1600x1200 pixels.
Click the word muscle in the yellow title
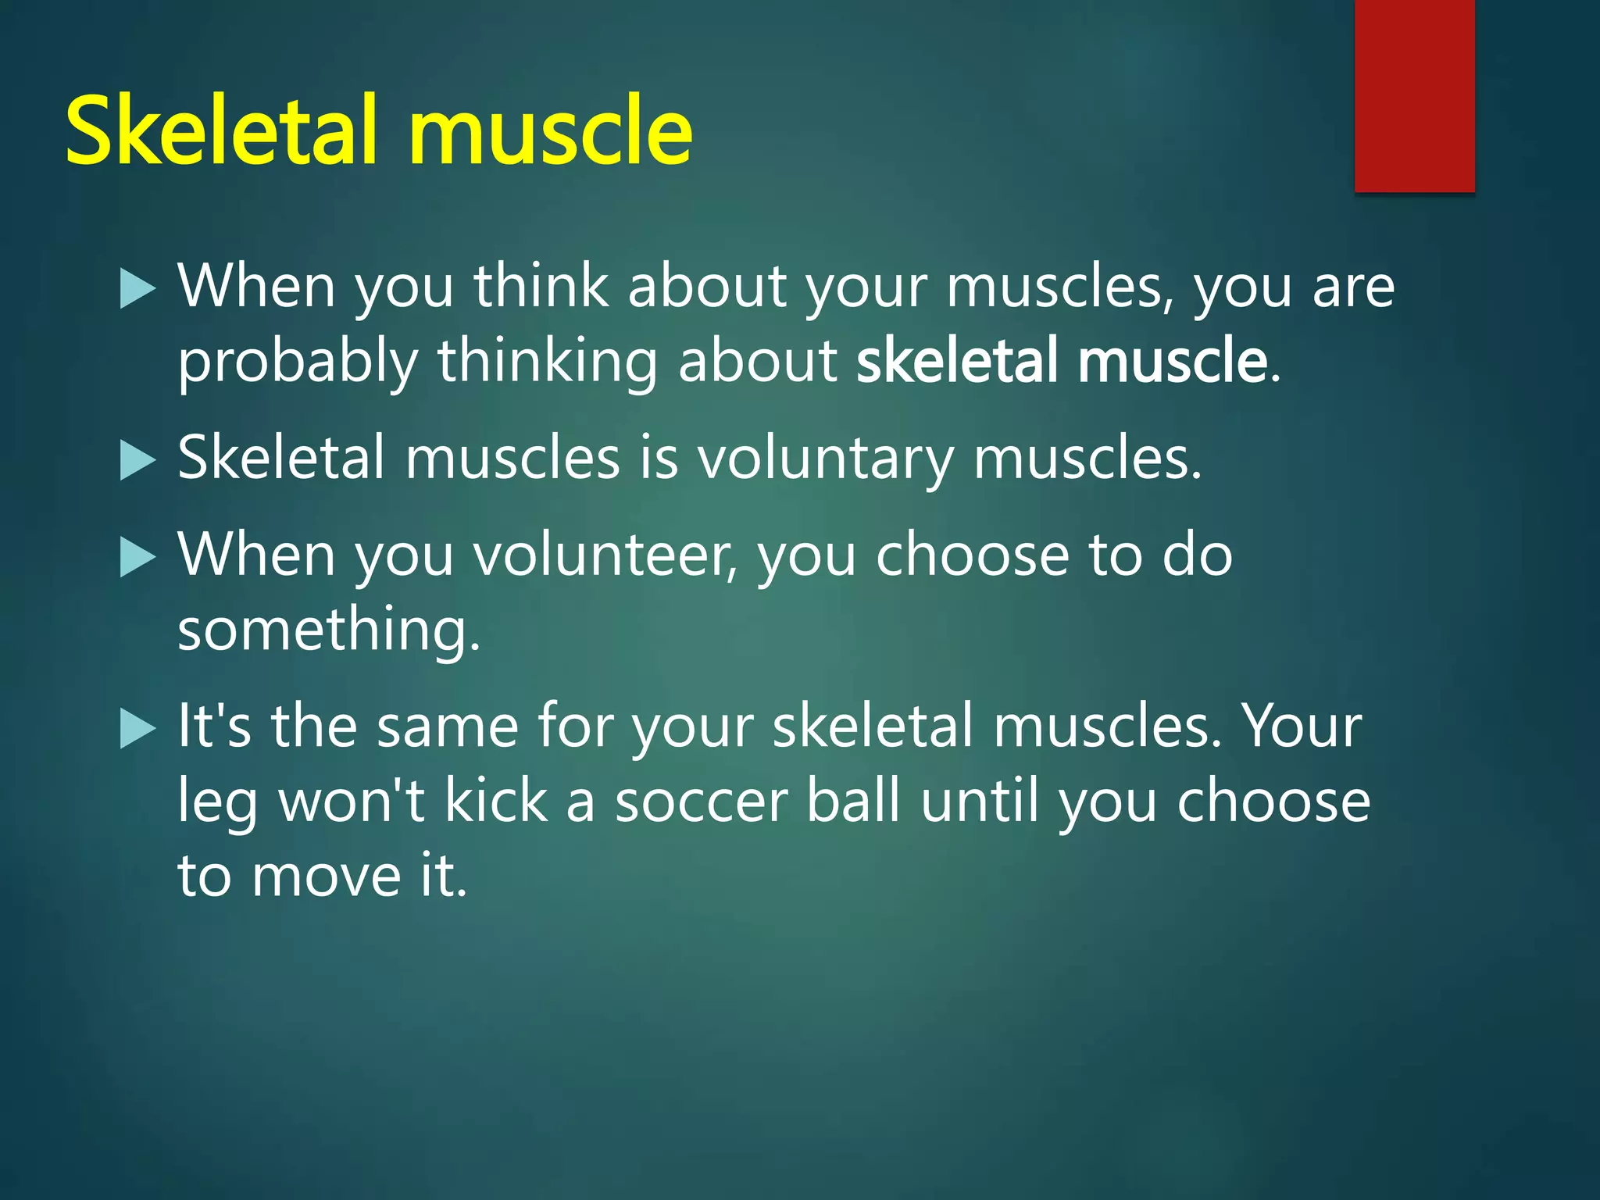[550, 131]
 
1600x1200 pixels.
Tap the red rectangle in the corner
[1414, 95]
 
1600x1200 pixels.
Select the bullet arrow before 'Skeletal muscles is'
[138, 460]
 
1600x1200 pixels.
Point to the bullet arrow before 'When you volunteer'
[138, 558]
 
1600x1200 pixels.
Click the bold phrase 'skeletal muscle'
[1062, 361]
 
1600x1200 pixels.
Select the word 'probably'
[297, 364]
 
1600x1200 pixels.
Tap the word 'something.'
[329, 630]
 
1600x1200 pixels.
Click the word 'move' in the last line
[326, 877]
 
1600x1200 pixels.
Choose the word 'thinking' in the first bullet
[547, 364]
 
